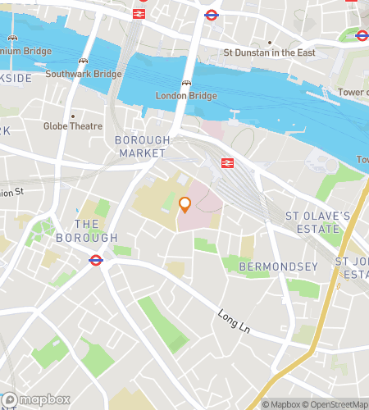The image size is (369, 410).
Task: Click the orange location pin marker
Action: [x=184, y=204]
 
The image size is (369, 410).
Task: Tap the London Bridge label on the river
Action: [x=186, y=96]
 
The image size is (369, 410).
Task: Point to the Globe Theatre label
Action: [x=73, y=126]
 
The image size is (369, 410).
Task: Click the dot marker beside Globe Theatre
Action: [x=72, y=115]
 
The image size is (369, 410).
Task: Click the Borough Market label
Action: [x=143, y=147]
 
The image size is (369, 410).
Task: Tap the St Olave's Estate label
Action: [x=317, y=221]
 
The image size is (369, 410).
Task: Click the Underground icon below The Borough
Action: [x=95, y=261]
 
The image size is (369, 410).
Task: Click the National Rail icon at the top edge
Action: [x=139, y=13]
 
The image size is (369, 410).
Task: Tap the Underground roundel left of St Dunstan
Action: [x=211, y=14]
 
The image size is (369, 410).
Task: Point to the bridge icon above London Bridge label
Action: [x=187, y=83]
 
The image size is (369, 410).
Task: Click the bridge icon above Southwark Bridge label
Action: [x=83, y=61]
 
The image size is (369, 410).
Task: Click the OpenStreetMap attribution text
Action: [x=335, y=403]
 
